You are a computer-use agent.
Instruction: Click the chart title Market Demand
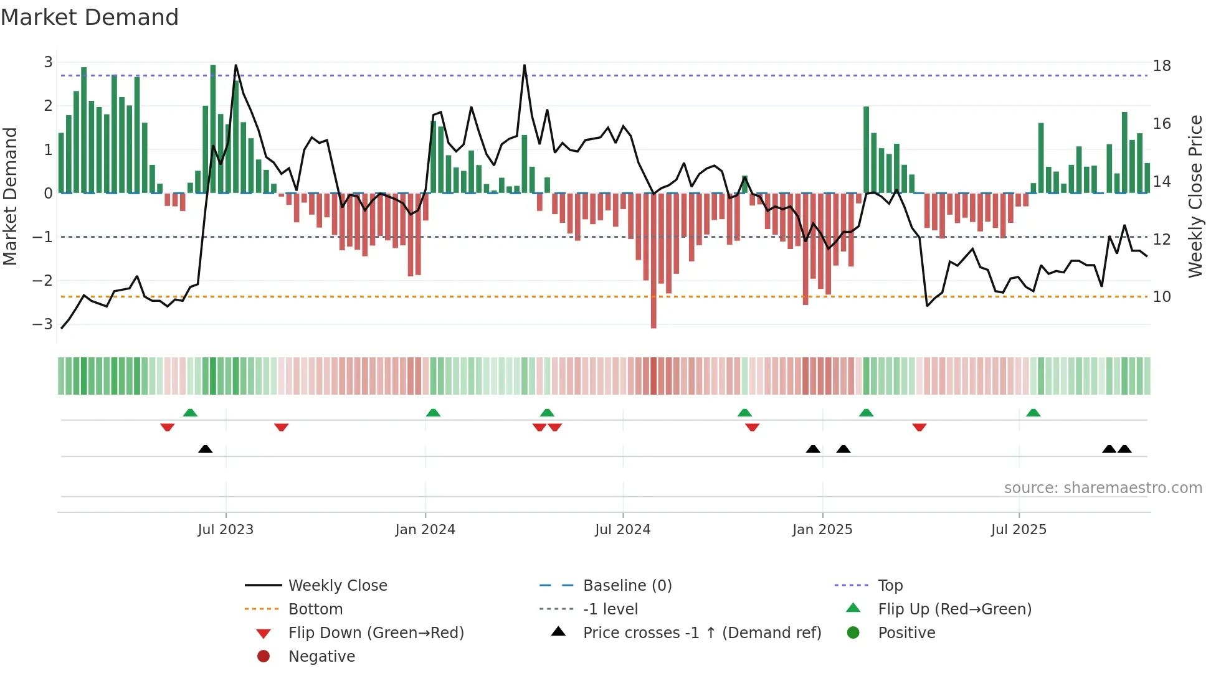pyautogui.click(x=90, y=17)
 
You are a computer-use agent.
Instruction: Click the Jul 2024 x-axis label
pyautogui.click(x=622, y=530)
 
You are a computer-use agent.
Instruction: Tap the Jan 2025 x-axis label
pyautogui.click(x=822, y=530)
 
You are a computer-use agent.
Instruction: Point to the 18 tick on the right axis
pyautogui.click(x=1161, y=66)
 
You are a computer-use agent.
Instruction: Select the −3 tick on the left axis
pyautogui.click(x=43, y=324)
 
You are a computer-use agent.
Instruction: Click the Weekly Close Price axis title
pyautogui.click(x=1194, y=196)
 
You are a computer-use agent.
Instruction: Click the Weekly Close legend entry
pyautogui.click(x=337, y=586)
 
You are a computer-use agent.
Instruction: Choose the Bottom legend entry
pyautogui.click(x=315, y=609)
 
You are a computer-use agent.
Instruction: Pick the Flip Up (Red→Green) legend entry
pyautogui.click(x=954, y=609)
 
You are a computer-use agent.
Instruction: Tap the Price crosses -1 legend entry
pyautogui.click(x=701, y=633)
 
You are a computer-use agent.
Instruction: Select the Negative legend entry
pyautogui.click(x=321, y=657)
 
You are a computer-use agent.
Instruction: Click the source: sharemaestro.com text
pyautogui.click(x=1103, y=488)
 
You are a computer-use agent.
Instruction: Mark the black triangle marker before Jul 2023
pyautogui.click(x=205, y=449)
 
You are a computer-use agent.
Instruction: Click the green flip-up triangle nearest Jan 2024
pyautogui.click(x=433, y=413)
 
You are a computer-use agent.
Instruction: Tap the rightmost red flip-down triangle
pyautogui.click(x=919, y=427)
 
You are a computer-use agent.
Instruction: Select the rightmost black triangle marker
pyautogui.click(x=1124, y=449)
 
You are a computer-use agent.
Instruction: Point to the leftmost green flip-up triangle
pyautogui.click(x=190, y=413)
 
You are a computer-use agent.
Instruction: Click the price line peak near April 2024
pyautogui.click(x=525, y=65)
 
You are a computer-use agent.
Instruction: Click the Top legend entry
pyautogui.click(x=890, y=586)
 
